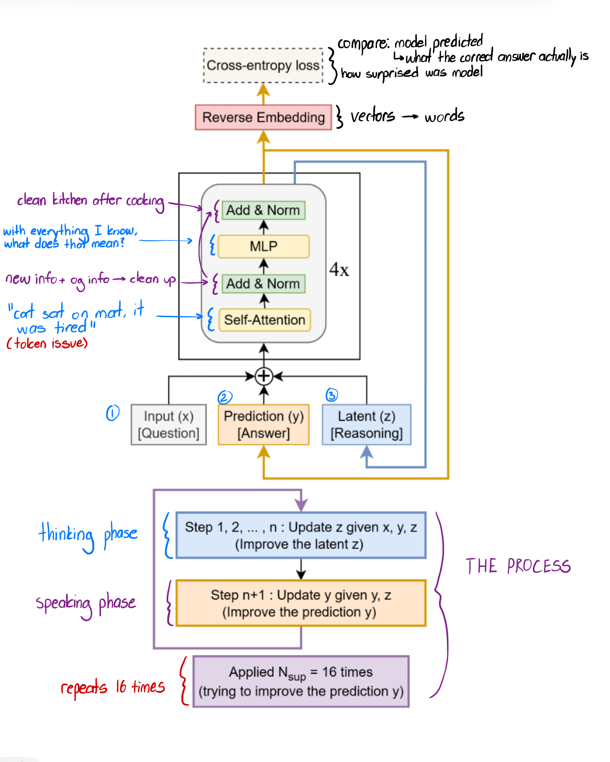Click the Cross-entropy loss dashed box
click(263, 66)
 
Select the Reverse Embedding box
click(263, 117)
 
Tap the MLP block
click(263, 246)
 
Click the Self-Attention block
click(264, 320)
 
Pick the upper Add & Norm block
click(263, 210)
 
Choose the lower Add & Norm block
click(263, 284)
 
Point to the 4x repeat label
click(339, 270)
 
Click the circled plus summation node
click(264, 376)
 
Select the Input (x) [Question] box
click(169, 425)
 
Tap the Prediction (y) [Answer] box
click(263, 425)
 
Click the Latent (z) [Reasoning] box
click(366, 425)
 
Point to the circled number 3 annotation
click(332, 395)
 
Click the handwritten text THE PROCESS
click(518, 566)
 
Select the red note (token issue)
click(47, 343)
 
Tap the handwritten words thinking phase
click(88, 535)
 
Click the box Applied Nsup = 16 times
click(301, 681)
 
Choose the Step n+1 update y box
click(301, 603)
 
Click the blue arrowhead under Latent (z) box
click(366, 452)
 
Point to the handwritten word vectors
click(373, 116)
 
